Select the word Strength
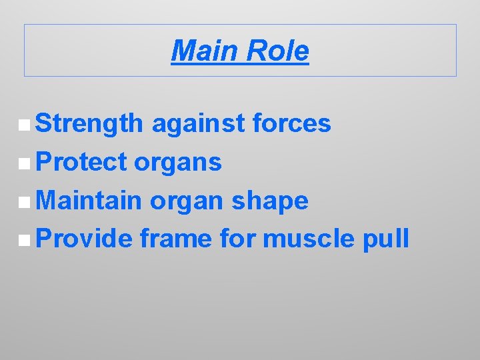coord(89,123)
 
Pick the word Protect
coord(81,162)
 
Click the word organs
coord(178,162)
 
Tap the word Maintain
coord(89,201)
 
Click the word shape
coord(269,201)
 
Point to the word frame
coord(175,239)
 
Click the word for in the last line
coord(237,239)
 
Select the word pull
coord(387,239)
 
